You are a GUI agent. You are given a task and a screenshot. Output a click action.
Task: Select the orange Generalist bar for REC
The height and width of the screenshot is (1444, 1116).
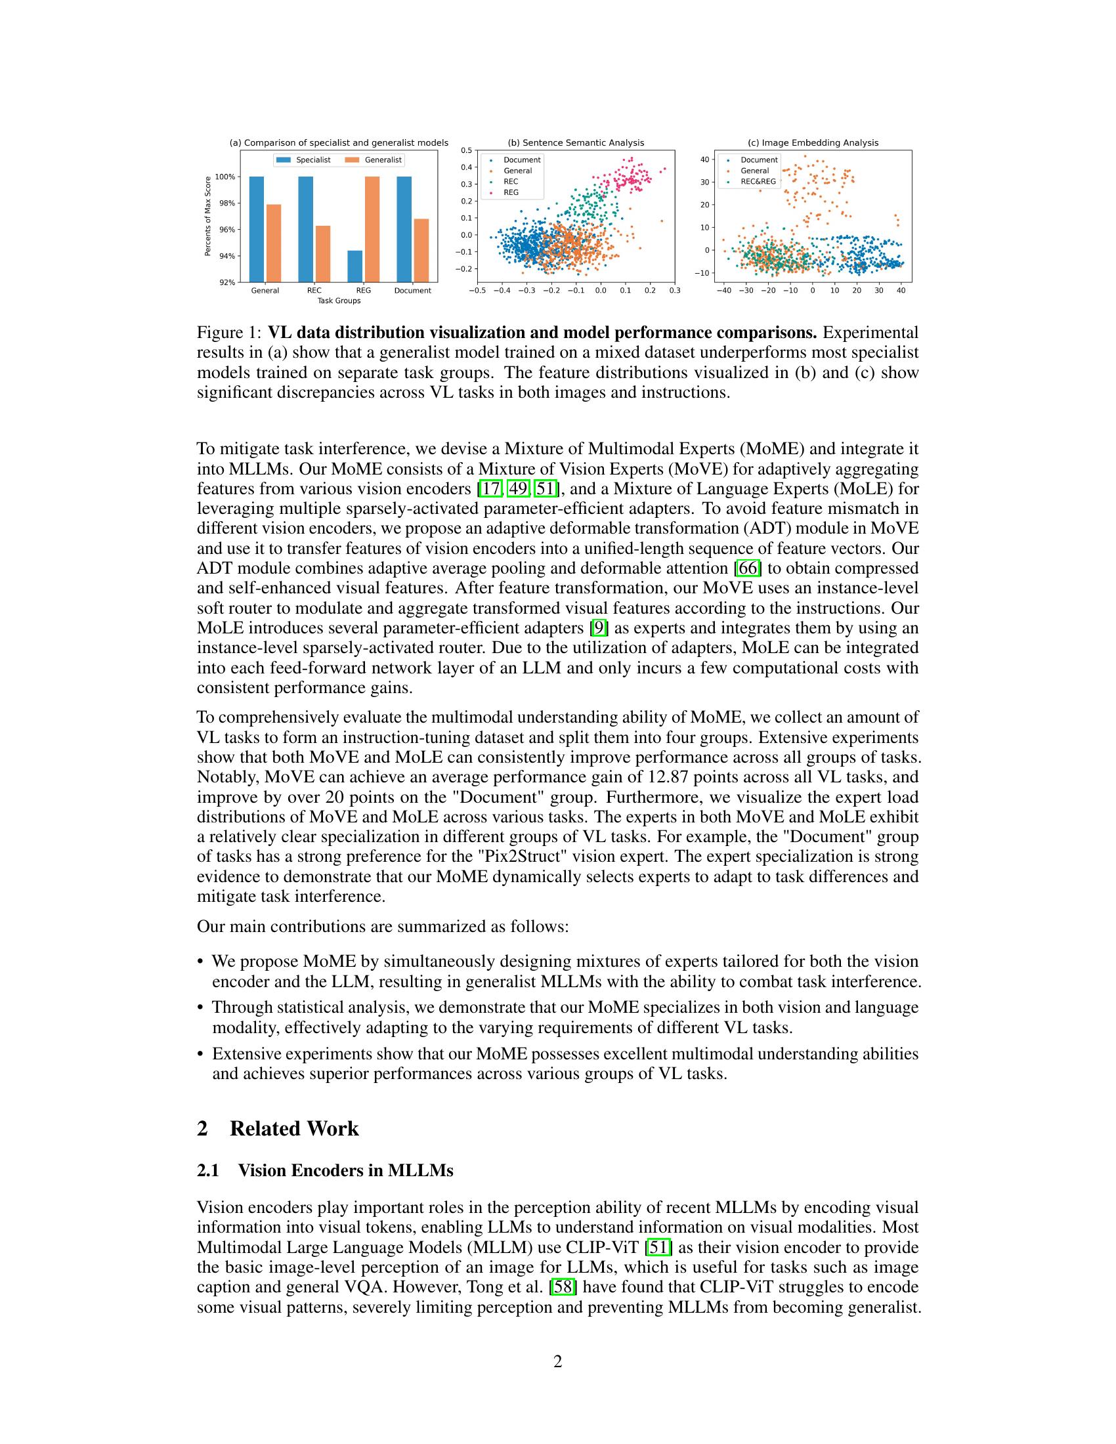pos(322,254)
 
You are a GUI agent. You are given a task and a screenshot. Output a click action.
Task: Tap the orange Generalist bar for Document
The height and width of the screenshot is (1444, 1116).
pos(421,250)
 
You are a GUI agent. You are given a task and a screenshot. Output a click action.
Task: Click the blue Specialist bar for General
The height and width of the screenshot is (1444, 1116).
pos(257,229)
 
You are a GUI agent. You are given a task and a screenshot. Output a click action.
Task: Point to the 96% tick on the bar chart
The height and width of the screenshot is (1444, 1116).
pos(226,230)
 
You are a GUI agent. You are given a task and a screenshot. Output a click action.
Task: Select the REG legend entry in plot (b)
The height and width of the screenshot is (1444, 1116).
pos(510,192)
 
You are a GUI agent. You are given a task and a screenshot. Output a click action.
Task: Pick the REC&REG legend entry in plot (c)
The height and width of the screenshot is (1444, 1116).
pos(758,181)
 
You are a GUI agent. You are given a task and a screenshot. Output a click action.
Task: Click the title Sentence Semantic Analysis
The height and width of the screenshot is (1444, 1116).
pos(575,143)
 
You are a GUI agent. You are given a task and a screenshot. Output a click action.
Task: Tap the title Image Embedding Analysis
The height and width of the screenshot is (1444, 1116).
pos(813,143)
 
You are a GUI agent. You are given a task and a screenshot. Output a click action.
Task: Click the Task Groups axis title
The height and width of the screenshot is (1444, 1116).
pos(339,301)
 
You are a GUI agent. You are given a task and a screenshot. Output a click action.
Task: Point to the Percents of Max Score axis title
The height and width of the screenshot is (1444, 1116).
pos(207,215)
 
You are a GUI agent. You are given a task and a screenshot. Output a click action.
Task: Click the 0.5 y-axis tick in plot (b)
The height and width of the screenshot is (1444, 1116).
pos(466,151)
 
